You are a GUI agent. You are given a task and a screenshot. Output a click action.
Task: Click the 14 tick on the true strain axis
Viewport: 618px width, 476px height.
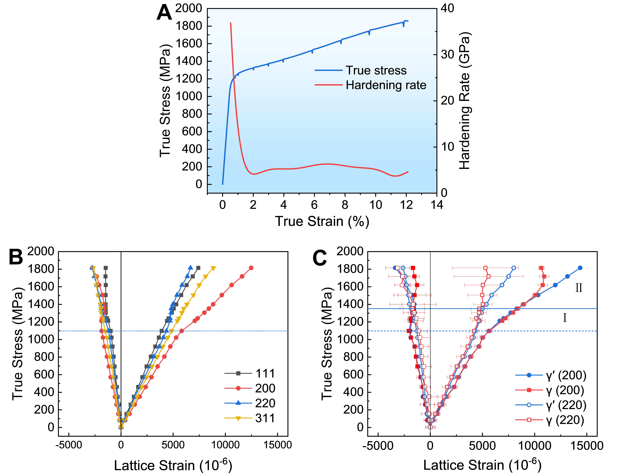(437, 205)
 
